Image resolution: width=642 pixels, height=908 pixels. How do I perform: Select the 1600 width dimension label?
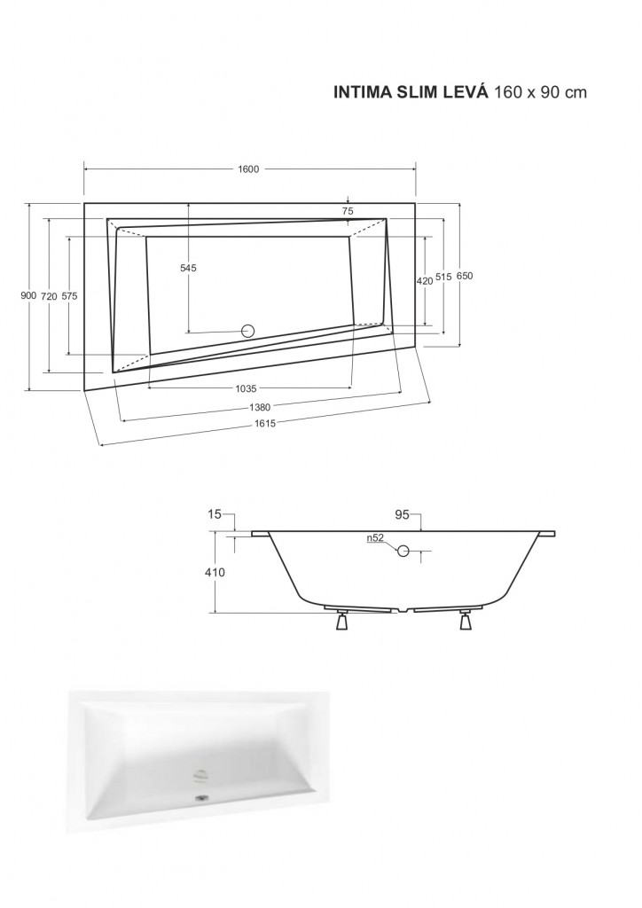coord(248,169)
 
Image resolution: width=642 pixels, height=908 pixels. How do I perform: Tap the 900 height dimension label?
coord(28,296)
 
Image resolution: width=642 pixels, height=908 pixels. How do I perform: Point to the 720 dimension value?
coord(49,296)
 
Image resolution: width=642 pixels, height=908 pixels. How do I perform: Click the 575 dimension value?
coord(69,296)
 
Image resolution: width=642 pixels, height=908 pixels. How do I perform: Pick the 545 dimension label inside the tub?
coord(188,268)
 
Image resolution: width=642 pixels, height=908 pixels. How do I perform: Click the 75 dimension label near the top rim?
coord(348,211)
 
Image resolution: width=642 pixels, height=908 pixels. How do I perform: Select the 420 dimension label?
coord(425,281)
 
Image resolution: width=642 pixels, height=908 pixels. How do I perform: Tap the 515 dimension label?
coord(443,278)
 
